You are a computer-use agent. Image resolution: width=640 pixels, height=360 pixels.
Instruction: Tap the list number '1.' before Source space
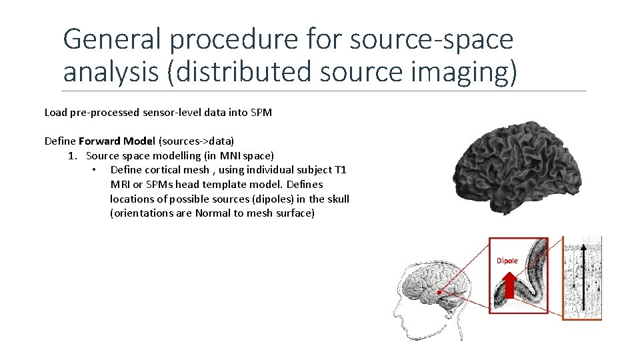tap(73, 155)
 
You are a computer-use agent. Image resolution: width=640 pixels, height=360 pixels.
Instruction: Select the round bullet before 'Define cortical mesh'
tap(95, 170)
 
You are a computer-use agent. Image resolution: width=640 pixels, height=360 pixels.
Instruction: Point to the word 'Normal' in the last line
tap(211, 213)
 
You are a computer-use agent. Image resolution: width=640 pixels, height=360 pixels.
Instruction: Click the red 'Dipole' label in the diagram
tap(507, 261)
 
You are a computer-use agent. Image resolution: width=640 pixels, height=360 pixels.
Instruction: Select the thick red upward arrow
tap(509, 287)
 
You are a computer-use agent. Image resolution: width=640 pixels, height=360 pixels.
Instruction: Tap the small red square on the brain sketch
tap(440, 292)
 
